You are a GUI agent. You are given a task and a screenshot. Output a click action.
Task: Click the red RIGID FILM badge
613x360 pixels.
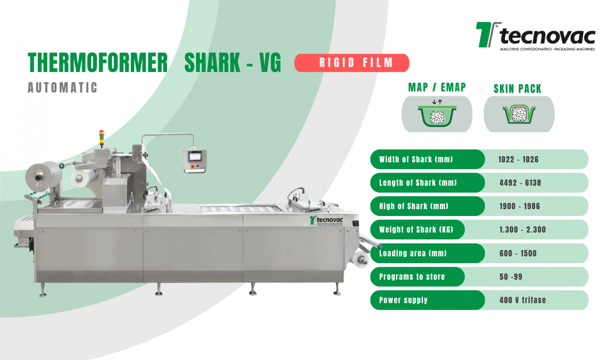pyautogui.click(x=352, y=63)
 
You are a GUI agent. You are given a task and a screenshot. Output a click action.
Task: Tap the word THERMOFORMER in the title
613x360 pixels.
pyautogui.click(x=98, y=63)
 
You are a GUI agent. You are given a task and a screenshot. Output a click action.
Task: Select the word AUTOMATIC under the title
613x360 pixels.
pyautogui.click(x=62, y=88)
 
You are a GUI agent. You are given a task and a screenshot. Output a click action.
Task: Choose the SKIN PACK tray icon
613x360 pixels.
pyautogui.click(x=519, y=114)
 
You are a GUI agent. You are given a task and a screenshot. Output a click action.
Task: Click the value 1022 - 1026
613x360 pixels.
pyautogui.click(x=518, y=159)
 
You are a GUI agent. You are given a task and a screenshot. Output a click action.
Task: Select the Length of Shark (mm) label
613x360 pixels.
pyautogui.click(x=418, y=183)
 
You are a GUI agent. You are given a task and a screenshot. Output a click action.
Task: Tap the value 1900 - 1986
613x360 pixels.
pyautogui.click(x=520, y=206)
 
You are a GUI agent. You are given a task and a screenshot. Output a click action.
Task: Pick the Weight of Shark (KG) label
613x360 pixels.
pyautogui.click(x=416, y=229)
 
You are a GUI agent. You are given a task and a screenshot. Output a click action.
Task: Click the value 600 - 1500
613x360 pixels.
pyautogui.click(x=518, y=253)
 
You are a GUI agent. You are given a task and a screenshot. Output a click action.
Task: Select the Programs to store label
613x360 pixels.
pyautogui.click(x=412, y=277)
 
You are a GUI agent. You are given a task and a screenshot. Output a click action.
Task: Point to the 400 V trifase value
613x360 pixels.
pyautogui.click(x=523, y=300)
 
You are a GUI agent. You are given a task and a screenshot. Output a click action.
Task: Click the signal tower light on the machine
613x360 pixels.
pyautogui.click(x=102, y=138)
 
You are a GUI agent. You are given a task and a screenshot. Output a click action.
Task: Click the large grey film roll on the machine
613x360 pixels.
pyautogui.click(x=43, y=176)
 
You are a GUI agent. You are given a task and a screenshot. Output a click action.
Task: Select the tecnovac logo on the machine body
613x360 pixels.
pyautogui.click(x=326, y=221)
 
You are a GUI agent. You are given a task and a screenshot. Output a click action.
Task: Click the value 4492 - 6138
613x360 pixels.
pyautogui.click(x=520, y=183)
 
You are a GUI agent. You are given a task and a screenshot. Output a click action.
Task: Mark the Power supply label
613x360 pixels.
pyautogui.click(x=403, y=300)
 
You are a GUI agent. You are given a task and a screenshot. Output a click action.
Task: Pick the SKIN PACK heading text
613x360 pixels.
pyautogui.click(x=518, y=88)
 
